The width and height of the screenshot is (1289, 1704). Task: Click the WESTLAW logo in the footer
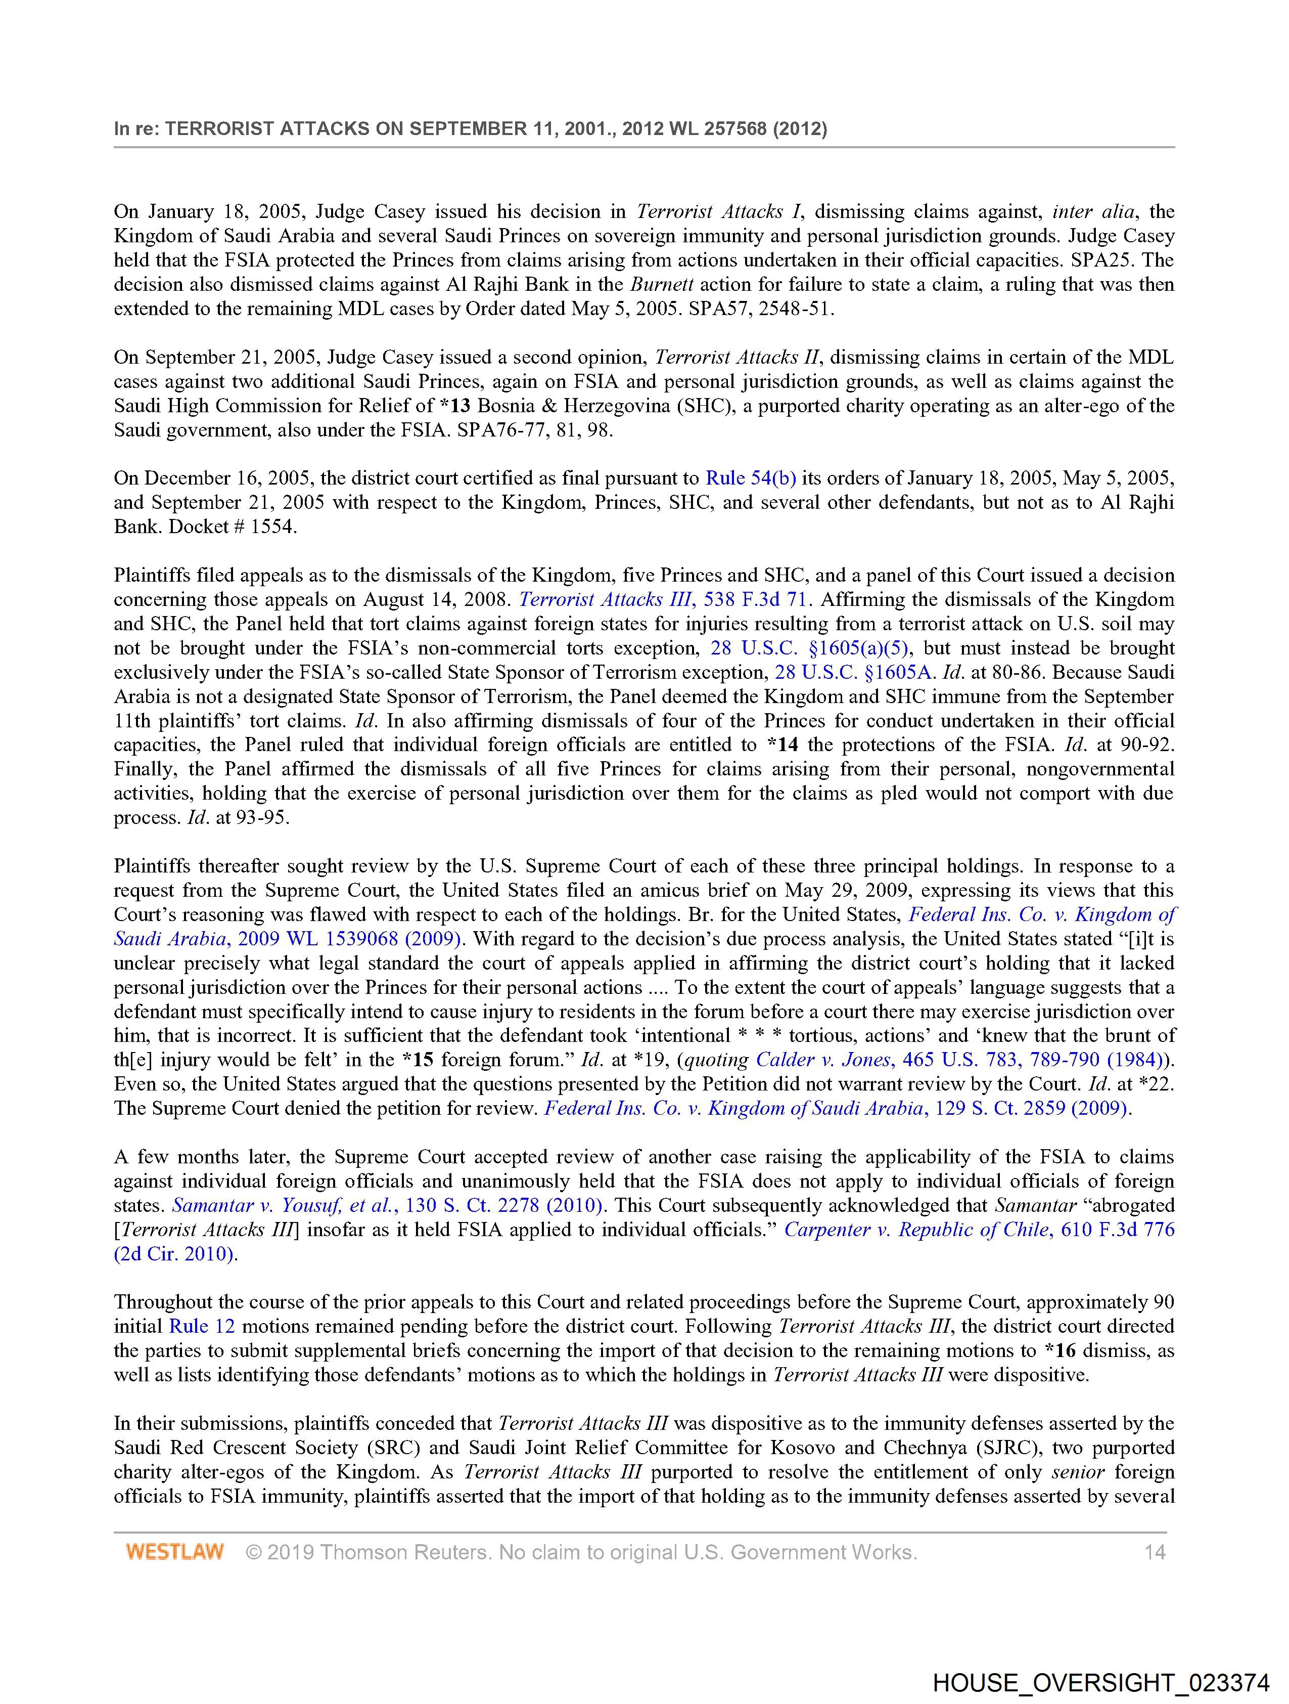point(175,1551)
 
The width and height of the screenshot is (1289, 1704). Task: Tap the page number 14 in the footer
point(1154,1551)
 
